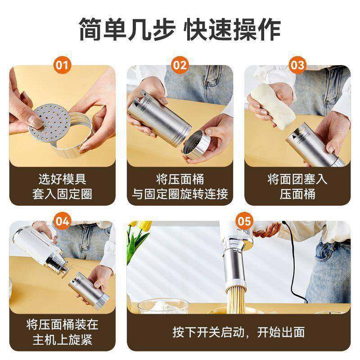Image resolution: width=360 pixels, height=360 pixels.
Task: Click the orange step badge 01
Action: [63, 66]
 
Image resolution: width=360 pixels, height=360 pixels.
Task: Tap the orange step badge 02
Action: [180, 66]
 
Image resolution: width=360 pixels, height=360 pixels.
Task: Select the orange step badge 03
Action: [297, 66]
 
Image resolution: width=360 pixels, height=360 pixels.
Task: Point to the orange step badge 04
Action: [63, 221]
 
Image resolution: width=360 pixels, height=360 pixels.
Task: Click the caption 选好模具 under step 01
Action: [63, 179]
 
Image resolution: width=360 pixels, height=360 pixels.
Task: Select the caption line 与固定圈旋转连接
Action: [180, 194]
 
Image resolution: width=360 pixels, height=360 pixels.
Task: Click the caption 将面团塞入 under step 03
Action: [297, 179]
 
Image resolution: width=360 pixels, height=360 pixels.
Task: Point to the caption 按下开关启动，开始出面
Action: [238, 332]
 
